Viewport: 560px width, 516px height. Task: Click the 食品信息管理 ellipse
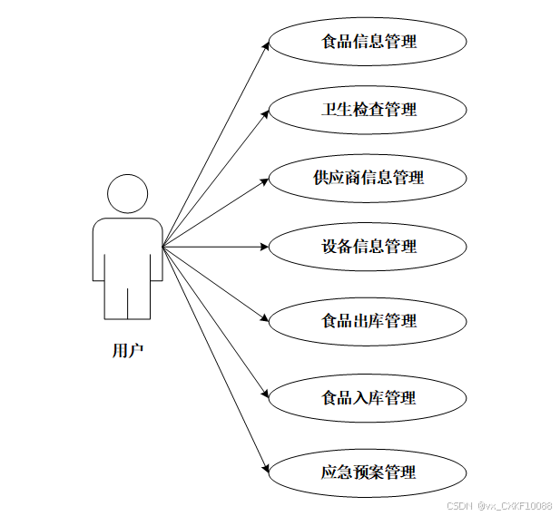368,42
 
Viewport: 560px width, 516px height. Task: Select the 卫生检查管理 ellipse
368,110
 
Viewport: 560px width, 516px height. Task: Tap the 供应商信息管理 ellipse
368,178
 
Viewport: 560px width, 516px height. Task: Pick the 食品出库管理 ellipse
368,321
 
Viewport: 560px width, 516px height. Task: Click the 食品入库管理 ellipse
368,398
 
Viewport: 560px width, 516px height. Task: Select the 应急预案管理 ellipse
368,472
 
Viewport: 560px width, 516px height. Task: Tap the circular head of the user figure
127,194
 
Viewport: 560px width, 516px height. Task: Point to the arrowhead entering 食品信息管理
265,44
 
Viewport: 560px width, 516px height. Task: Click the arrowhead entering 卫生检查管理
265,112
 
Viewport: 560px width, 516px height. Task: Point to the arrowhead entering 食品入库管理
265,394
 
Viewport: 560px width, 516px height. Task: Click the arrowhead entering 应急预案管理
265,468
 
